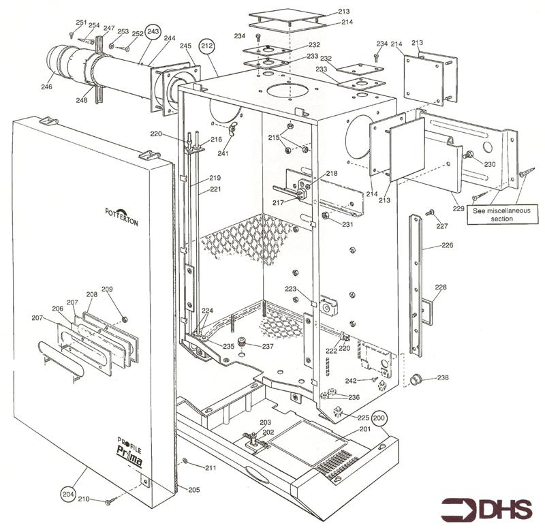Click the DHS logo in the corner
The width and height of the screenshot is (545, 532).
[486, 510]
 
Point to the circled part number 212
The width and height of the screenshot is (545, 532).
[207, 46]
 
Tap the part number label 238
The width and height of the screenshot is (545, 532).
[443, 377]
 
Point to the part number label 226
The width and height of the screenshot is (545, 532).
[447, 245]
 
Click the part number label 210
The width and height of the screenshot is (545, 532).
[83, 499]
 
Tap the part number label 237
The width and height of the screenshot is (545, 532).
[268, 346]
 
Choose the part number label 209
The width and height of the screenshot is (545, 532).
[107, 290]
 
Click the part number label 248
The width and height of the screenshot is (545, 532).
[82, 100]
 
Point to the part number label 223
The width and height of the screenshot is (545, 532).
[291, 289]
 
